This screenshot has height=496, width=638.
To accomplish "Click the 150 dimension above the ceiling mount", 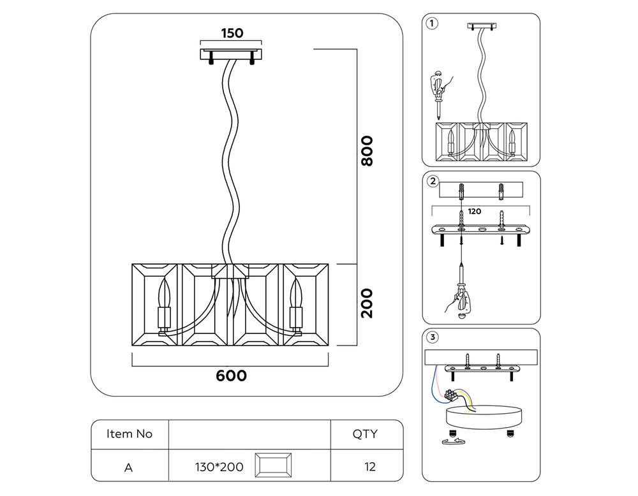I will point(232,33).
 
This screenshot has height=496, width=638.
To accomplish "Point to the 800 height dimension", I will point(367,151).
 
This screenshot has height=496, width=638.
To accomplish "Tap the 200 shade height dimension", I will point(367,303).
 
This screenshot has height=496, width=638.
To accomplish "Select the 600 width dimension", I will point(231,376).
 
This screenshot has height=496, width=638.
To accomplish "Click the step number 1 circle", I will point(433,24).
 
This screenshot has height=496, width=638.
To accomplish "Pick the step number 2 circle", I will point(433,181).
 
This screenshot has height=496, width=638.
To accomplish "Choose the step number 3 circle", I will point(433,337).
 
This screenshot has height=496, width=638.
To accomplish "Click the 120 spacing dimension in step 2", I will point(474,211).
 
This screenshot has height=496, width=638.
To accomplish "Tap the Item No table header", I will point(130,434).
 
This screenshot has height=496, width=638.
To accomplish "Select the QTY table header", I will point(365,434).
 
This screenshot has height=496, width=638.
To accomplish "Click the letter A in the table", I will point(128,467).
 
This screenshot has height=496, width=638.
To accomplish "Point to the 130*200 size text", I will point(219,467).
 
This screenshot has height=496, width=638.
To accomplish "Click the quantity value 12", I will point(369,467).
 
